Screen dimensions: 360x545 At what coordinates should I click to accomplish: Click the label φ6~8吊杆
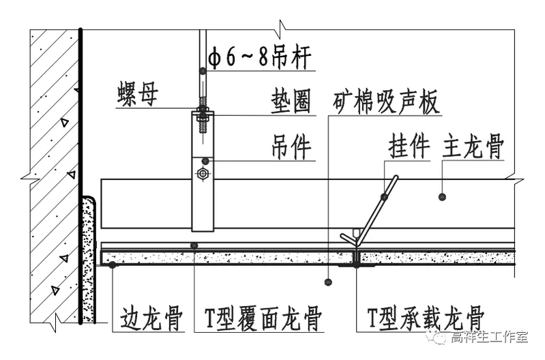tap(261, 59)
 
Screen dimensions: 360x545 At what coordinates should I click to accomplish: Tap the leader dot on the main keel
tap(442, 196)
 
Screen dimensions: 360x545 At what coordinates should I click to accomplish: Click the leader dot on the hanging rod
tap(201, 70)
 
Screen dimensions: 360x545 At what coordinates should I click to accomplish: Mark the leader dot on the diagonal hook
tap(385, 196)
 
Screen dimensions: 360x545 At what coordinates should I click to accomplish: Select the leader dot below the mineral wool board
tap(328, 280)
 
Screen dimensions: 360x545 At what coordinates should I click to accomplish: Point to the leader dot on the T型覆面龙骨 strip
tap(194, 245)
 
